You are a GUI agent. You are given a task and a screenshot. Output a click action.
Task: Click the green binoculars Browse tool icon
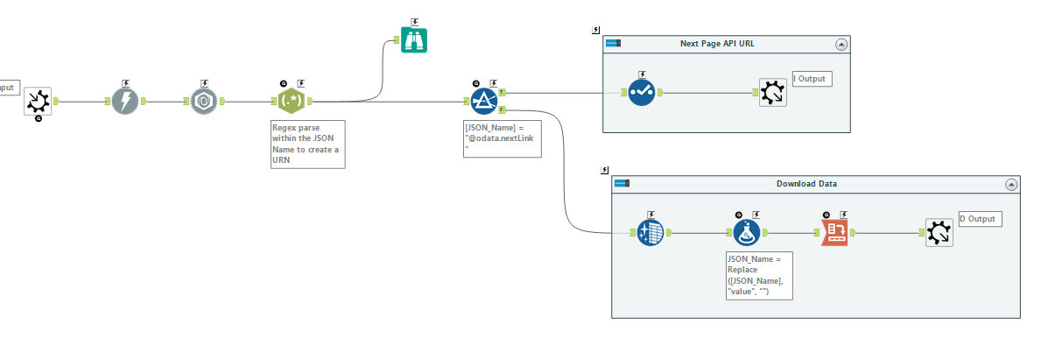414,40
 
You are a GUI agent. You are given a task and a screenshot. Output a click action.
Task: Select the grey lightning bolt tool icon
126,102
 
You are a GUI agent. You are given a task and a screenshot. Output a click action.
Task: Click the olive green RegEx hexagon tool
292,102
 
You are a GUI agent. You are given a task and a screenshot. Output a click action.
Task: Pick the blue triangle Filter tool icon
484,102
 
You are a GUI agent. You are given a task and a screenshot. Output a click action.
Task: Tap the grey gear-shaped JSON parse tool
205,102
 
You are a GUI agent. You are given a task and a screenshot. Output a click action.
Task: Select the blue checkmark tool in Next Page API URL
642,92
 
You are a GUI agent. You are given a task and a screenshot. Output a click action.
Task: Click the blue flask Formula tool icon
747,233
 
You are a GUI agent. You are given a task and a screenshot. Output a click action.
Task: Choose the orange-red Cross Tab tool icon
834,232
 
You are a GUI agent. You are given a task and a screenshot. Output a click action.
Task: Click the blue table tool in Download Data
650,233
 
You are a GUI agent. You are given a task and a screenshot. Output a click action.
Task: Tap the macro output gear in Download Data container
939,232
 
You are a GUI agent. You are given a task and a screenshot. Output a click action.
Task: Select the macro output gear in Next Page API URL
773,92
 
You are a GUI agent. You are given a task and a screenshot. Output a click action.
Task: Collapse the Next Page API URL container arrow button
841,44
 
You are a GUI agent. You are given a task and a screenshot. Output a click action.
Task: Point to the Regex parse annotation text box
308,144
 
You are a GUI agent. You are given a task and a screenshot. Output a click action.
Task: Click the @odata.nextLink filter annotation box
503,139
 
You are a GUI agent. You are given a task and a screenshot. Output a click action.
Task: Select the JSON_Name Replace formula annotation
759,275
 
